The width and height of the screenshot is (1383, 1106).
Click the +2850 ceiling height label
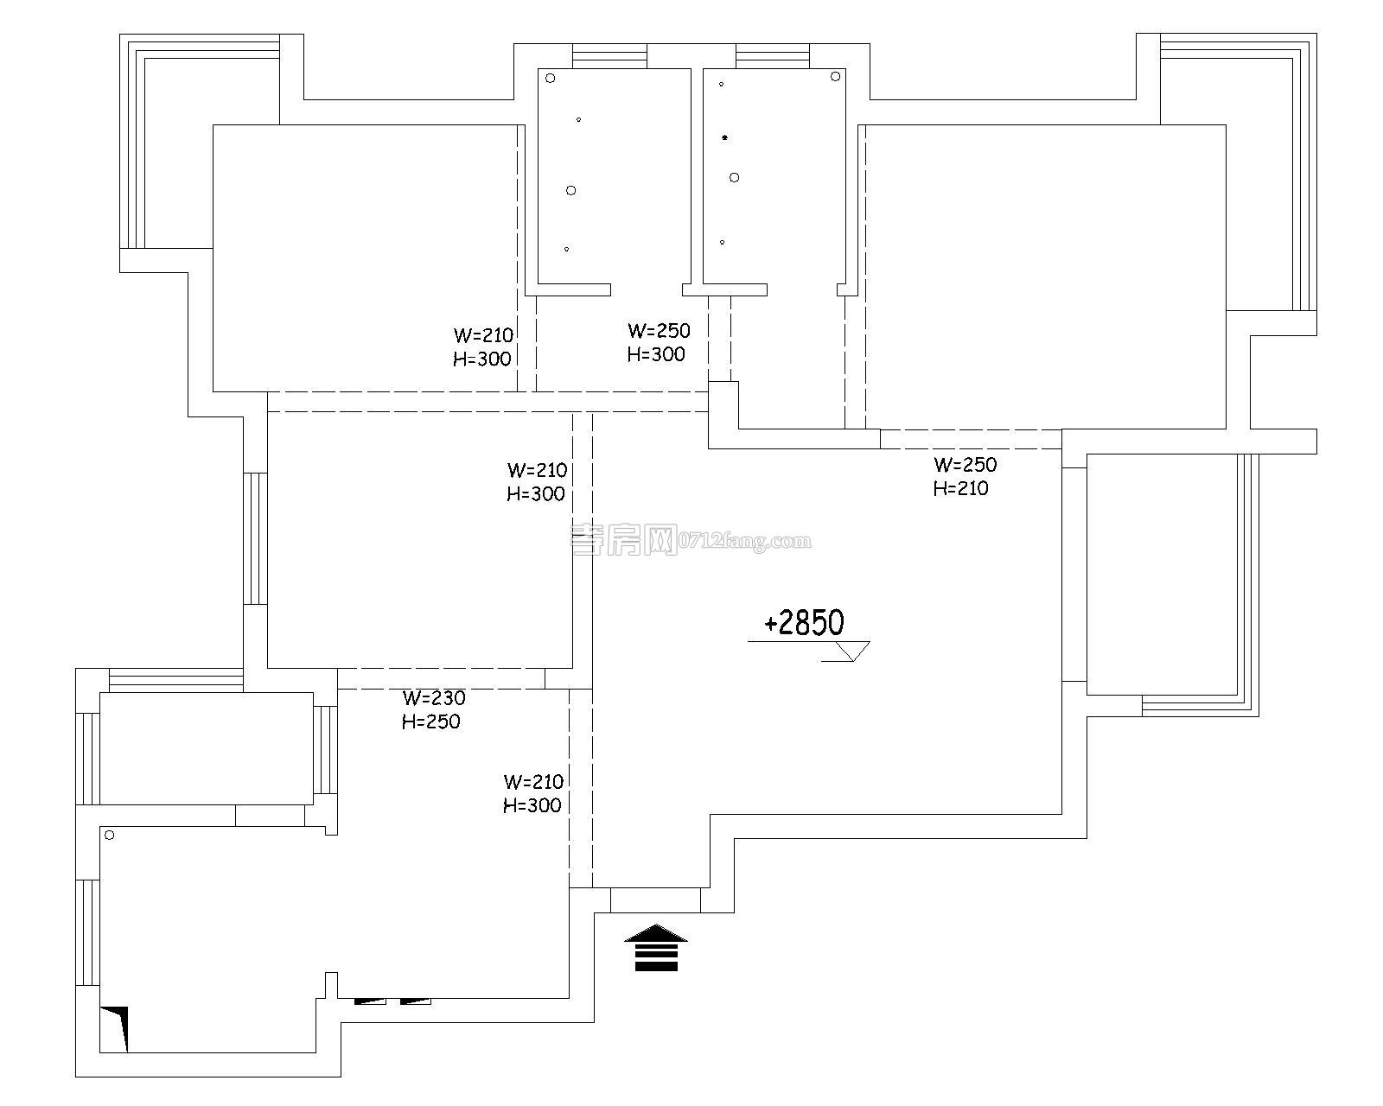click(x=804, y=623)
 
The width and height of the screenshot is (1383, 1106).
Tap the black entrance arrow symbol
click(x=655, y=948)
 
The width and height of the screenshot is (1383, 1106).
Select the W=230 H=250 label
click(x=432, y=709)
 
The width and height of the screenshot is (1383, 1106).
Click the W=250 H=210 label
click(x=964, y=476)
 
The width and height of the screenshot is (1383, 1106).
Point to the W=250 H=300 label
click(x=658, y=342)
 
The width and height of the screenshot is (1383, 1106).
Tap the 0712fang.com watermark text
click(x=745, y=542)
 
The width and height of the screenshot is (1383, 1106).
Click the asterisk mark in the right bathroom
click(x=724, y=137)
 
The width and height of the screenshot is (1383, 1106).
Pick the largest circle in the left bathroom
click(x=570, y=190)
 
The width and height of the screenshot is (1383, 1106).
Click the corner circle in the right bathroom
click(x=835, y=76)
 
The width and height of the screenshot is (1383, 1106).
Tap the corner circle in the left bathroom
click(x=550, y=78)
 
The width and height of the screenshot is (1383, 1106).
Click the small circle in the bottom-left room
click(x=110, y=835)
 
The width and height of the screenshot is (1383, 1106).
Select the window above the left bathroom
click(x=609, y=57)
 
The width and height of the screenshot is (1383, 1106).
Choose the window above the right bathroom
click(x=773, y=57)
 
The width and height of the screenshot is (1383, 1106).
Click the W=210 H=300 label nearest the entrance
click(x=532, y=793)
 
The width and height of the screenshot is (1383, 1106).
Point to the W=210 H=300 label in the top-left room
click(x=483, y=347)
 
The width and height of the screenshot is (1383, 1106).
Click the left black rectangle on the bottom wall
click(x=371, y=1001)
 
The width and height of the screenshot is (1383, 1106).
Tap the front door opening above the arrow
click(x=655, y=899)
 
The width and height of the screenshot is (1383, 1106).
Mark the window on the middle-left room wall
click(x=255, y=537)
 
